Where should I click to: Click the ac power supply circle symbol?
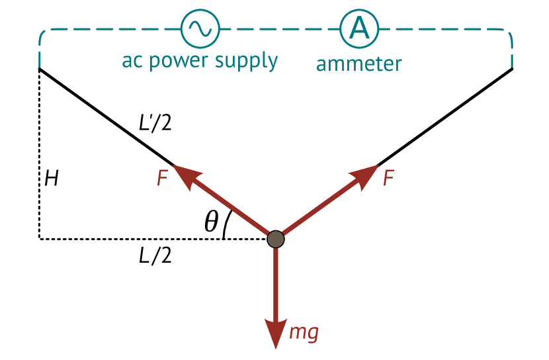pyautogui.click(x=200, y=29)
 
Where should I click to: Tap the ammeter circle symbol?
pyautogui.click(x=359, y=29)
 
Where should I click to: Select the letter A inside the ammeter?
pyautogui.click(x=359, y=28)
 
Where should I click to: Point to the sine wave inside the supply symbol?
pyautogui.click(x=200, y=28)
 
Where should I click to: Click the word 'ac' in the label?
pyautogui.click(x=131, y=61)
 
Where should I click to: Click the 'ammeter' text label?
pyautogui.click(x=359, y=64)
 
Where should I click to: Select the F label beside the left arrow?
pyautogui.click(x=162, y=179)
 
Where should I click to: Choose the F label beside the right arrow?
pyautogui.click(x=389, y=178)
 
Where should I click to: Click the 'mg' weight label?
pyautogui.click(x=304, y=332)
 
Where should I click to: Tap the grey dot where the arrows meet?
pyautogui.click(x=276, y=239)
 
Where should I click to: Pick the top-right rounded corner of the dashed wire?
pyautogui.click(x=507, y=34)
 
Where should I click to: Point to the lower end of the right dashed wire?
pyautogui.click(x=511, y=64)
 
